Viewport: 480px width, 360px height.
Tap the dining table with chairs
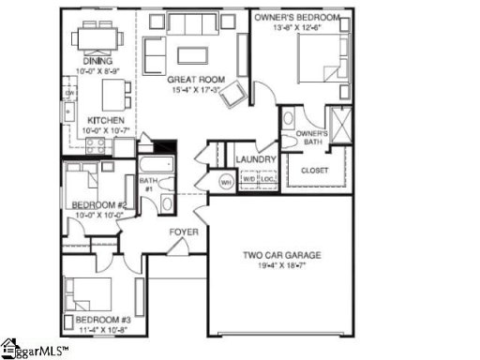click(x=97, y=37)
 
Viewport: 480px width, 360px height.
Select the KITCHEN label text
click(x=100, y=121)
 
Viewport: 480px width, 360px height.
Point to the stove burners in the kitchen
click(x=95, y=145)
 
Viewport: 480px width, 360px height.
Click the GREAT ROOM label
click(x=194, y=81)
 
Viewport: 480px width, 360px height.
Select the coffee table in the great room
click(x=193, y=53)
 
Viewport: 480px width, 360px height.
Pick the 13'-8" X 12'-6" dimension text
click(x=299, y=27)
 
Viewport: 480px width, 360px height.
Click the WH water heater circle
click(x=226, y=181)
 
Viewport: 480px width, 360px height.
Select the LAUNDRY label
click(x=254, y=160)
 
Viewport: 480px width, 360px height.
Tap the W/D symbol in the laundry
click(x=249, y=179)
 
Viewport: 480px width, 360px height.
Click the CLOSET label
click(x=314, y=170)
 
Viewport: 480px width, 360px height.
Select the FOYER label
click(x=182, y=232)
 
